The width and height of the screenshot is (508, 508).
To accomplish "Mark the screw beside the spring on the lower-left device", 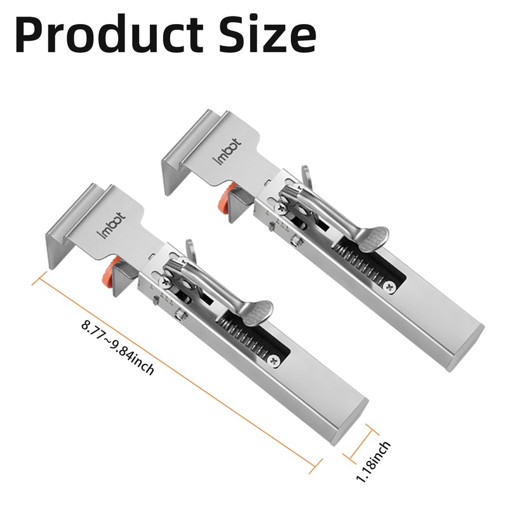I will coord(274,361).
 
